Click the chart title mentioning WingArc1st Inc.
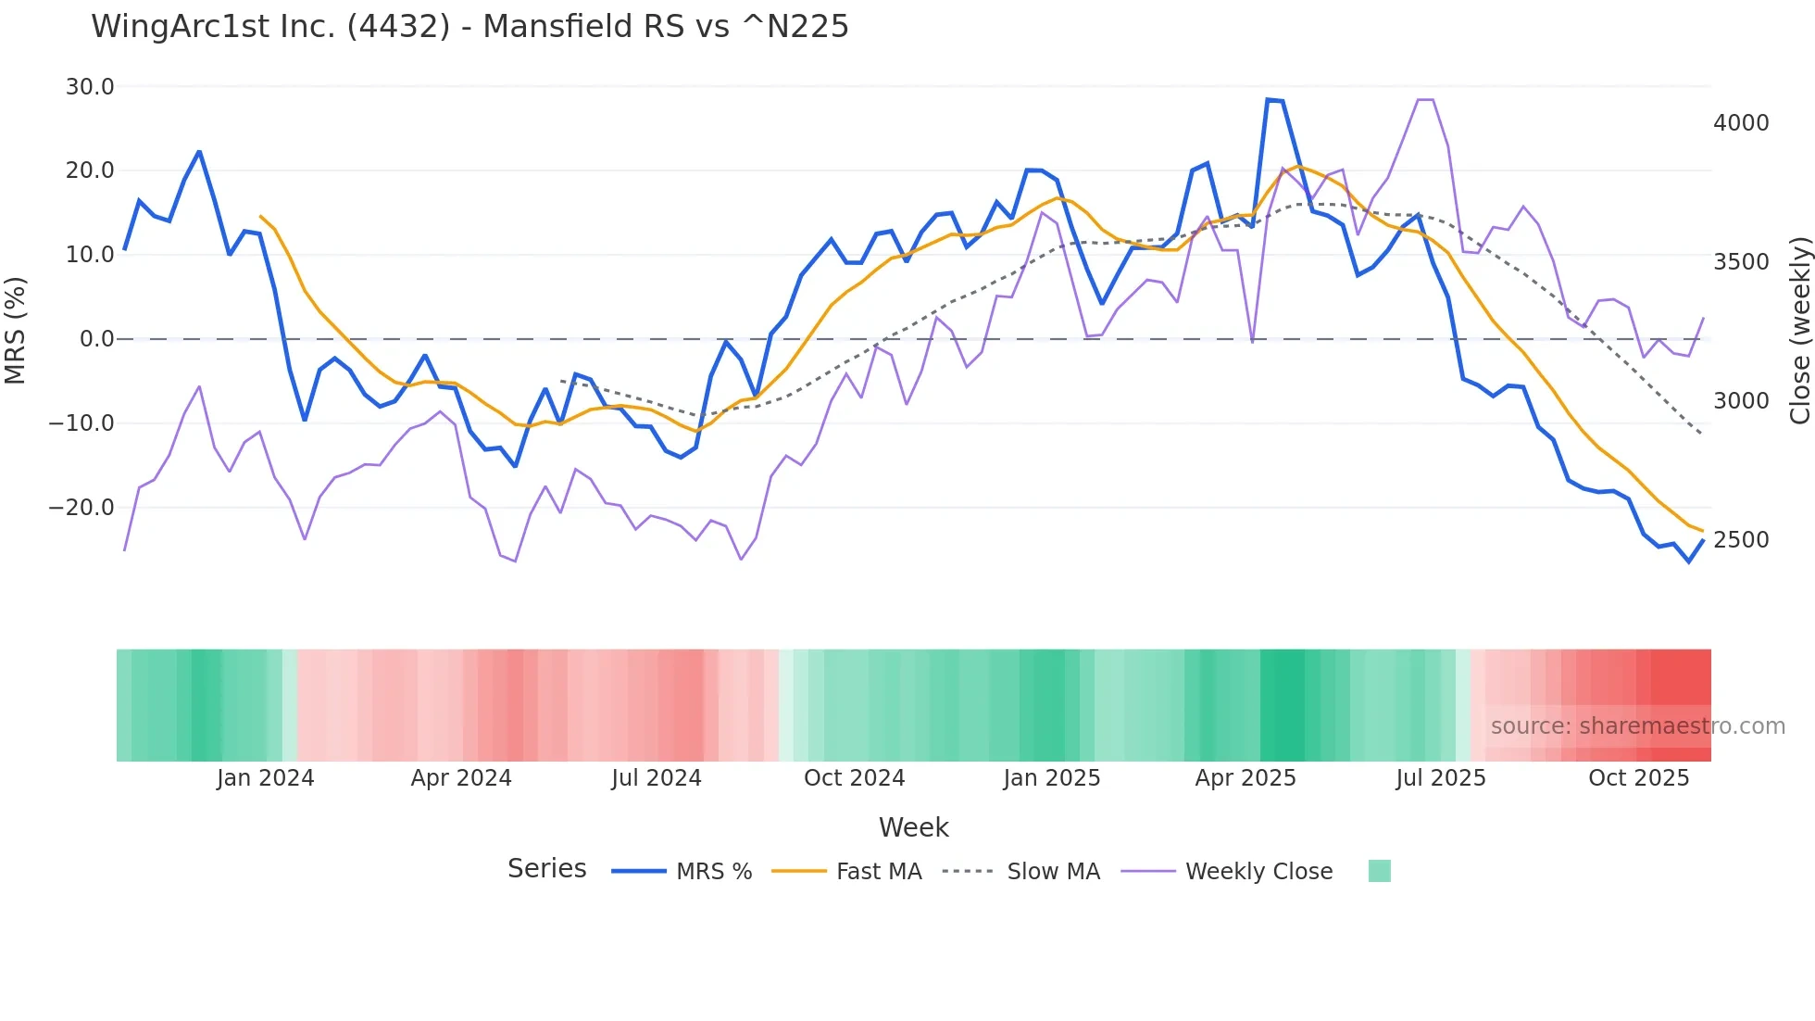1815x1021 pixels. [x=469, y=26]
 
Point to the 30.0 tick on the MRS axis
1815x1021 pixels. [x=90, y=87]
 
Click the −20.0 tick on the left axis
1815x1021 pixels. [x=82, y=508]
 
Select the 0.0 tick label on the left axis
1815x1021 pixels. [x=97, y=339]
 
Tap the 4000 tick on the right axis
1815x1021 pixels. [x=1741, y=123]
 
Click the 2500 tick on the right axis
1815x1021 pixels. [x=1741, y=540]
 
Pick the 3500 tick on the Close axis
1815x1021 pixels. [x=1741, y=262]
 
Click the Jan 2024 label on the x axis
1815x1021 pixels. [x=266, y=778]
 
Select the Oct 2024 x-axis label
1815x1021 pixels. [x=854, y=778]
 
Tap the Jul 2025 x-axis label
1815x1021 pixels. [x=1441, y=778]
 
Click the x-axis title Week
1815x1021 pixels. [x=913, y=827]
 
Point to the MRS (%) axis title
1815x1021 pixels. [x=16, y=330]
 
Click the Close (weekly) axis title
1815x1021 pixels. [x=1799, y=331]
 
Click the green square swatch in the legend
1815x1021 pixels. [x=1379, y=871]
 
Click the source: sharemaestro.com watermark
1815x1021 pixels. [x=1637, y=726]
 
